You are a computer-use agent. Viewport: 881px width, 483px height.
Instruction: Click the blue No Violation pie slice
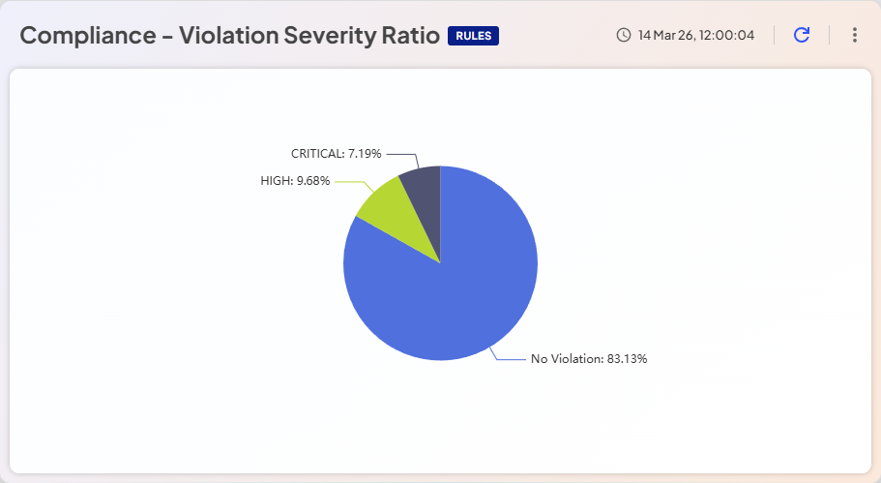click(455, 290)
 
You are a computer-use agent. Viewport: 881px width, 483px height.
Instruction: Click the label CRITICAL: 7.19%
click(337, 154)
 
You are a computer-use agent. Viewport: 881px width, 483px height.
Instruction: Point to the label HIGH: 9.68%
click(295, 181)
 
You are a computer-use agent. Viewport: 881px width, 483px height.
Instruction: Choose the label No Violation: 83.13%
click(589, 359)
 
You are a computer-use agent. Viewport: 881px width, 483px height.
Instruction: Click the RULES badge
click(473, 36)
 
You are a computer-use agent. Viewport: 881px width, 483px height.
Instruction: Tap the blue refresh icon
click(802, 35)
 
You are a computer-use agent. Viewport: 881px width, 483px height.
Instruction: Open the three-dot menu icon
click(854, 35)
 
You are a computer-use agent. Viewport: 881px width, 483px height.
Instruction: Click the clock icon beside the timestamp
click(624, 36)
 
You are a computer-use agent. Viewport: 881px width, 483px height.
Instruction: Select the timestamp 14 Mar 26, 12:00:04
click(696, 36)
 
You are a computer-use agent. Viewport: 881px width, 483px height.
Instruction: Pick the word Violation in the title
click(230, 36)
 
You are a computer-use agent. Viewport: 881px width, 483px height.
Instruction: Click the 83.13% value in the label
click(627, 359)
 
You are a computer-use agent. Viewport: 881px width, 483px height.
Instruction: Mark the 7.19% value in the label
click(365, 154)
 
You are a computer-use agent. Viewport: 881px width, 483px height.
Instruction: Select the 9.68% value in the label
click(313, 181)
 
